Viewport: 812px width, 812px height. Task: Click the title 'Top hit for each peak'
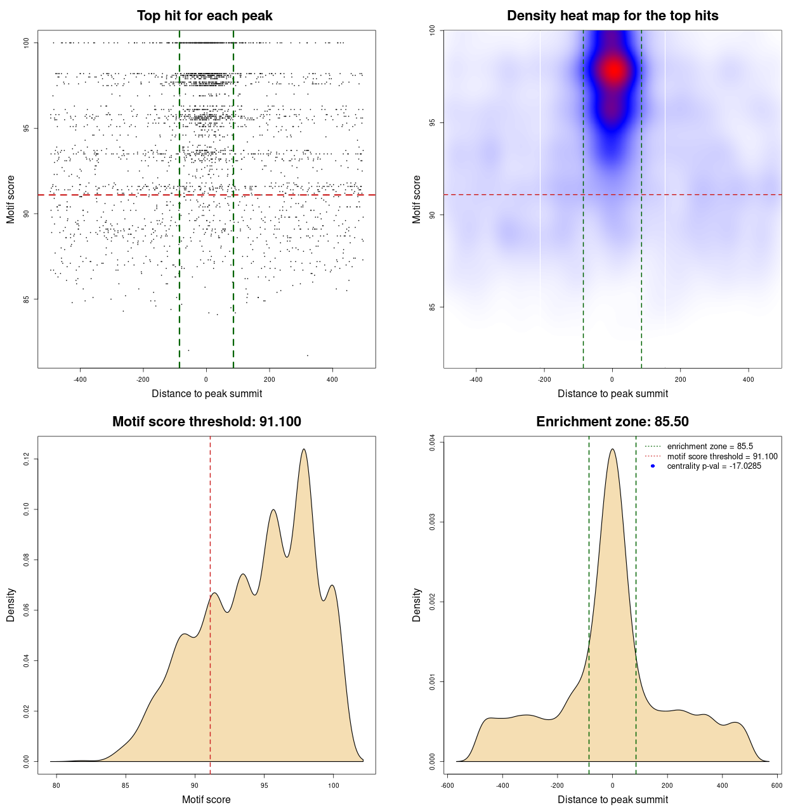tap(204, 16)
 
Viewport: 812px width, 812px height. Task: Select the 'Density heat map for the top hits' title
tap(612, 16)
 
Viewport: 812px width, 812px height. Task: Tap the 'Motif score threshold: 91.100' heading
tap(206, 422)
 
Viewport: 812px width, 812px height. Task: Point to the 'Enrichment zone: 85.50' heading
tap(612, 422)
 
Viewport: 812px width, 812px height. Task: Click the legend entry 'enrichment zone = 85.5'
tap(710, 447)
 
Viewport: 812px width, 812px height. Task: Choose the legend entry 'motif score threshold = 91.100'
tap(722, 457)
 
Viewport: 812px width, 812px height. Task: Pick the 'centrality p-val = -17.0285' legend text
tap(714, 466)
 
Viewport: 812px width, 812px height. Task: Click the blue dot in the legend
tap(653, 466)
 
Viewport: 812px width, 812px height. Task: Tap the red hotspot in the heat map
tap(613, 70)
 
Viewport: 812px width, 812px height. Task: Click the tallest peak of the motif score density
tap(304, 450)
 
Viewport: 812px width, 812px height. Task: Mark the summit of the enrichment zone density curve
tap(612, 450)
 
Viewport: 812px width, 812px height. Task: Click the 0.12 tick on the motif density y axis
tap(27, 459)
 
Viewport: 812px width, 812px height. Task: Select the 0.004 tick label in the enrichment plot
tap(432, 442)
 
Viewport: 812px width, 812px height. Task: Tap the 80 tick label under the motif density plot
tap(56, 785)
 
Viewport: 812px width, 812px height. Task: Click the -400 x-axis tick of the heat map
tap(476, 379)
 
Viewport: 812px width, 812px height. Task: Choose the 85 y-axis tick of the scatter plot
tap(27, 299)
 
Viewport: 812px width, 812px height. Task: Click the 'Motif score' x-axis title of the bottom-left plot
tap(206, 799)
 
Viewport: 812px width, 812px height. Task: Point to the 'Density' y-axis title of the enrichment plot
tap(417, 605)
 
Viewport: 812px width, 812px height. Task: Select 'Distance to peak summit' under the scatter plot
tap(207, 393)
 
